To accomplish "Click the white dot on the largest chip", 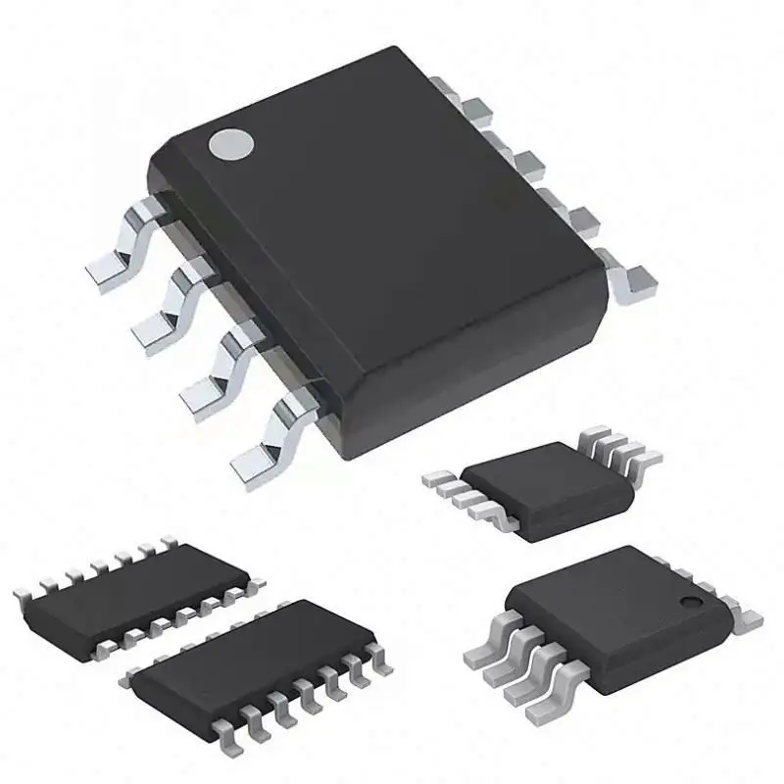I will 232,144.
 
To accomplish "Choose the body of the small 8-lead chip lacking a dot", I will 529,490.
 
